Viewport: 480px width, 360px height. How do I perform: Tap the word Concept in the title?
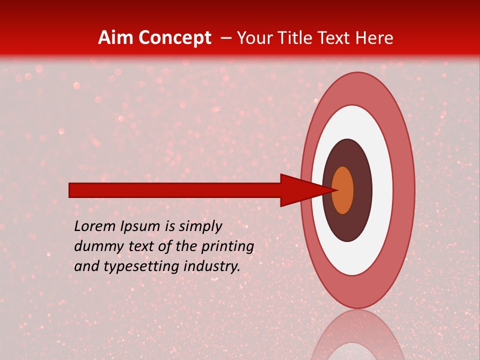click(174, 38)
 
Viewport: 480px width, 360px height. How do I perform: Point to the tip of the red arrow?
click(336, 190)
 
